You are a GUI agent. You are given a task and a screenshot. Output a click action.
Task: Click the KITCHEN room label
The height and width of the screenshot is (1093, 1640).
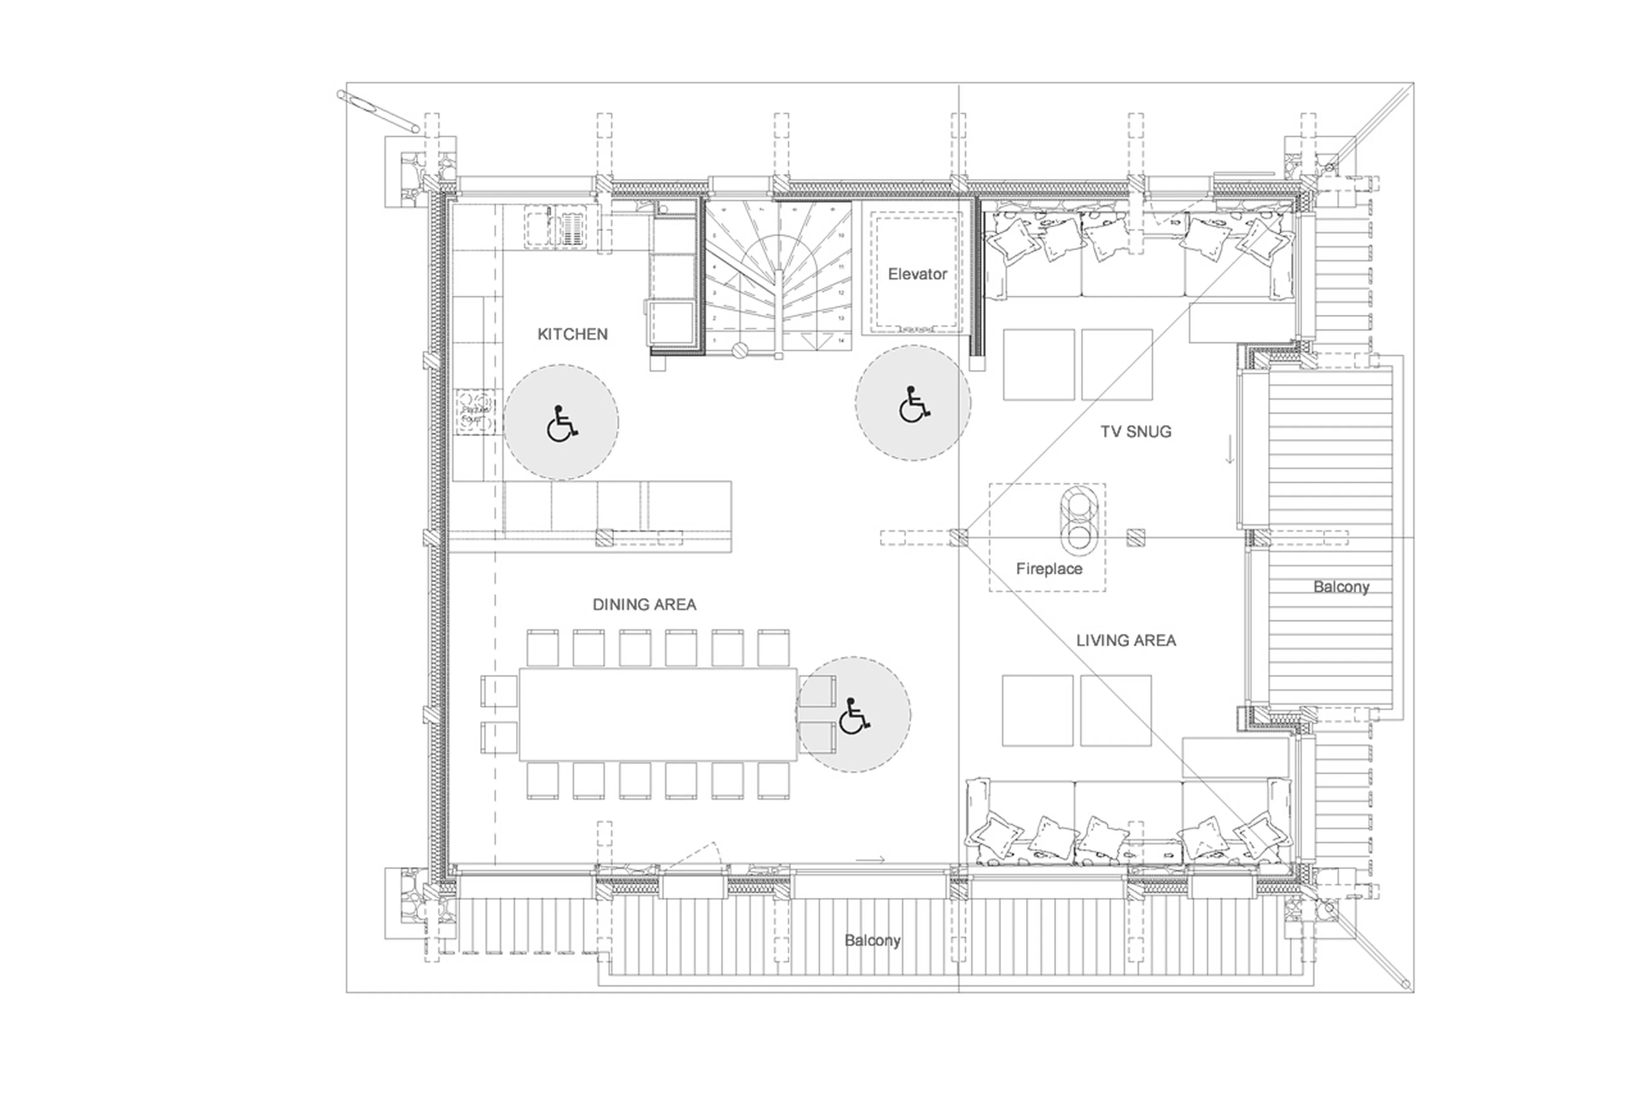[572, 334]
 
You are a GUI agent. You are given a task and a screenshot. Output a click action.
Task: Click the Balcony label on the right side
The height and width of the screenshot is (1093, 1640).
[1340, 587]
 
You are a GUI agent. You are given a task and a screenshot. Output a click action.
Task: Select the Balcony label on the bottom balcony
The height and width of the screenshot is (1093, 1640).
[872, 941]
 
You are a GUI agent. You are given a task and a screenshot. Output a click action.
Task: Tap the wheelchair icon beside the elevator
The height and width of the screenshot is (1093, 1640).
[913, 404]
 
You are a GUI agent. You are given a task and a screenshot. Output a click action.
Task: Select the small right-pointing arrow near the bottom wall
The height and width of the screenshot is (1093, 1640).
[870, 859]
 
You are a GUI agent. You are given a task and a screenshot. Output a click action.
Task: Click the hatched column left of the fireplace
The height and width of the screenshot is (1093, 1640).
[959, 537]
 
